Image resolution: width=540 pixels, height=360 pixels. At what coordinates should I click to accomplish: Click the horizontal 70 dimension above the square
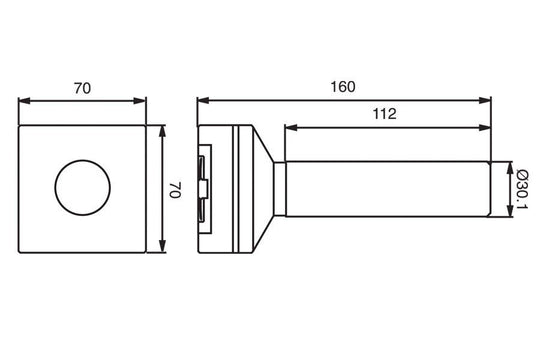[83, 88]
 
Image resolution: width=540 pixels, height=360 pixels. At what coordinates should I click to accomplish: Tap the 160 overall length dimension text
[343, 87]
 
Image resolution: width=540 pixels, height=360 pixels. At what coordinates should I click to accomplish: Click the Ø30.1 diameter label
[521, 190]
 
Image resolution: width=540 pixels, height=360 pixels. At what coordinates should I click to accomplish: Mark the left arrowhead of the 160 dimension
[201, 100]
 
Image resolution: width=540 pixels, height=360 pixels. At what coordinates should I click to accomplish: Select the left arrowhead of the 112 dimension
[290, 126]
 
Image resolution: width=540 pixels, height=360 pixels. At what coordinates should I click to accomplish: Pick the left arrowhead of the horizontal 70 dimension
[25, 100]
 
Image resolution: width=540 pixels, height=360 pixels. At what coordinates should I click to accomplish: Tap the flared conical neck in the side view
[268, 189]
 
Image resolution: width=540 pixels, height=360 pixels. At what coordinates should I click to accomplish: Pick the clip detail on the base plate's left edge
[204, 189]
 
